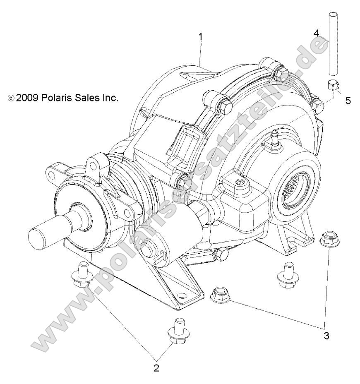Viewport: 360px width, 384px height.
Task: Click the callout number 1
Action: tap(201, 36)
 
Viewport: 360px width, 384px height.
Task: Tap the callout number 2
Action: tap(156, 367)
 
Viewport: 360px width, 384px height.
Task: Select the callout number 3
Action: tap(326, 336)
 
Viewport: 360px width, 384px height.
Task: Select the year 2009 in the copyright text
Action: tap(24, 98)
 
